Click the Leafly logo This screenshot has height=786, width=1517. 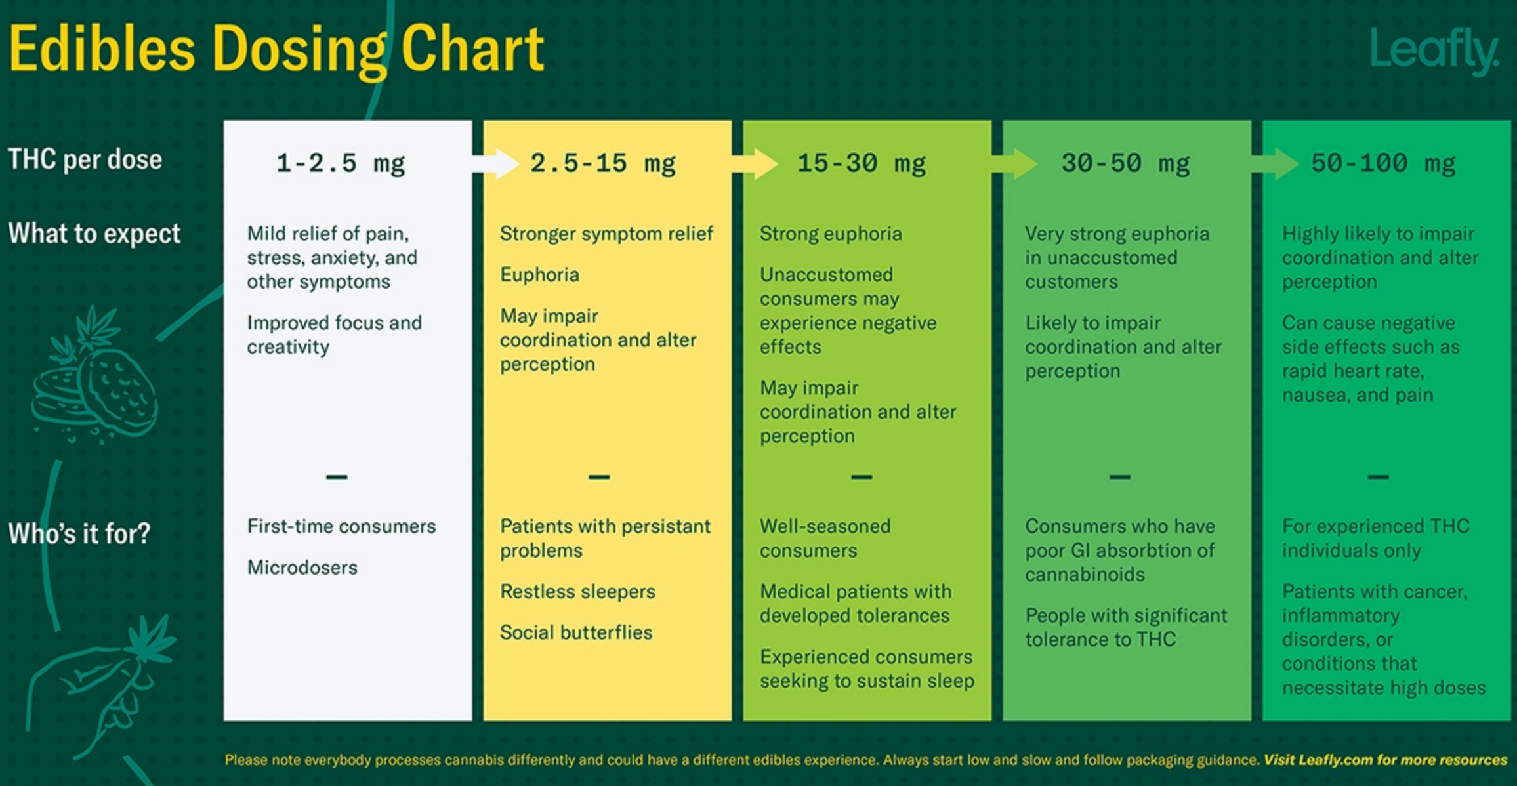pos(1434,51)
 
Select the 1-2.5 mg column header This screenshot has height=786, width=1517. pos(341,163)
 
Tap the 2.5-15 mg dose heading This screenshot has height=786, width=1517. pos(602,163)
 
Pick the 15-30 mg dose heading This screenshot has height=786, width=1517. pos(862,163)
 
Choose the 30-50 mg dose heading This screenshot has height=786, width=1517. pos(1125,163)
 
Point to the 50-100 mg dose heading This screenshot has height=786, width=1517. pos(1383,163)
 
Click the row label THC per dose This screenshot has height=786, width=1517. pos(85,159)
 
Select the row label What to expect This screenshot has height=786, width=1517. pos(94,234)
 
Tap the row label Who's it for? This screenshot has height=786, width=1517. pos(79,533)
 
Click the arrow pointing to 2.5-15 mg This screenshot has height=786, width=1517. pos(496,163)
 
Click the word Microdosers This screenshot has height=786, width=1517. pos(302,567)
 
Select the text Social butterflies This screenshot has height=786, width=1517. pos(576,632)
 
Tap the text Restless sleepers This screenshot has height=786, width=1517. pos(577,591)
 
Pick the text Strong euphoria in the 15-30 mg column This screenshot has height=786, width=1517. pos(831,234)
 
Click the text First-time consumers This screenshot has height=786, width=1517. pos(341,526)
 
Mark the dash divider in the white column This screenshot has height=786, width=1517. pos(337,477)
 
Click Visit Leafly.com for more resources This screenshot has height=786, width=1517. pos(1385,760)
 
